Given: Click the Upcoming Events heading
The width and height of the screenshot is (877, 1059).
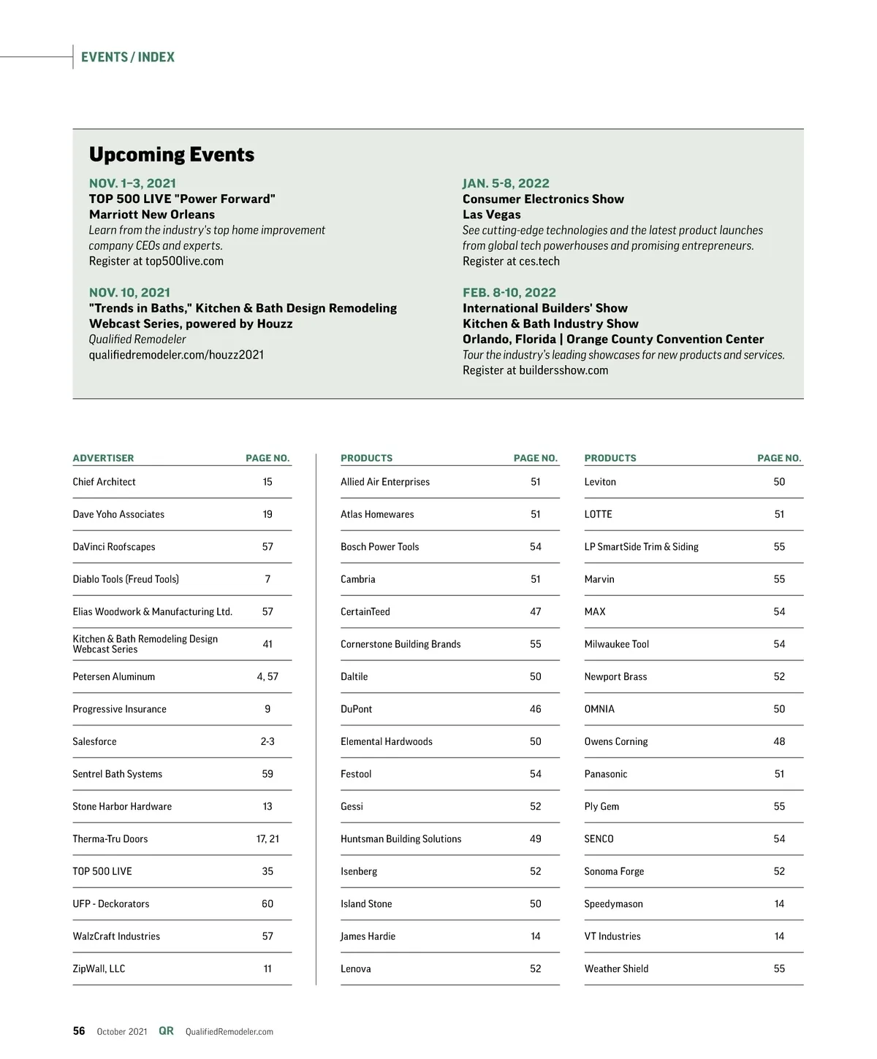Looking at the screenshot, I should coord(172,155).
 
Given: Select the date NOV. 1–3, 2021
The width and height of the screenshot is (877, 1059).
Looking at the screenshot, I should coord(132,183).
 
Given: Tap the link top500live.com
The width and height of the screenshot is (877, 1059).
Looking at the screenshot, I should coord(184,261).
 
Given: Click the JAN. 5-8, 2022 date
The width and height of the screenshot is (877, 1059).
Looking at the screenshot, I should coord(506,183).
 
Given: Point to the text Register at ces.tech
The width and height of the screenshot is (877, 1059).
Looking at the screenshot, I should coord(511,261).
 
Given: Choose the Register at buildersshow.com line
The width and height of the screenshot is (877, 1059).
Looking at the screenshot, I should coord(535,370).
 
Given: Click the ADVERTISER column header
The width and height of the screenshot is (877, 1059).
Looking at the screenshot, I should coord(103,458).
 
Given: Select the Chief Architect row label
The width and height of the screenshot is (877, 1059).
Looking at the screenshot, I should coord(104,482).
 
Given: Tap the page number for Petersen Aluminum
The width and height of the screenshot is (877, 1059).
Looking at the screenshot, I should coord(267,677).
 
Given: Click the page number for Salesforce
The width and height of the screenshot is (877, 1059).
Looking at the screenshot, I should coord(267,742).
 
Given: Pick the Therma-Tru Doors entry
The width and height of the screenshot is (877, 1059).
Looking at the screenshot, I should coord(110,839).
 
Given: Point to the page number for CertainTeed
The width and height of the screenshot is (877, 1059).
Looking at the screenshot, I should coord(536,612).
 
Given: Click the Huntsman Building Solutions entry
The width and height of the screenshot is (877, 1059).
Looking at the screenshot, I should coord(400,839).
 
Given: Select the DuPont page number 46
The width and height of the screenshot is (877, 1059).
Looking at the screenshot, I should coord(536,709).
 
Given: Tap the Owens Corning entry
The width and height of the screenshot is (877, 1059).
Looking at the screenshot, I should coord(615,742).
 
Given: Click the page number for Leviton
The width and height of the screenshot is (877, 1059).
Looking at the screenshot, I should coord(779,482).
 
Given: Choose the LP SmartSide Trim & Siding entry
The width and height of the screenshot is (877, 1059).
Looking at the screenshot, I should coord(641,547).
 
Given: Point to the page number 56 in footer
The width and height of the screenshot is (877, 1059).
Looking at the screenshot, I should coord(79,1031).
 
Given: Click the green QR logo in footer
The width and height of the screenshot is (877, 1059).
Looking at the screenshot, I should coord(166,1031).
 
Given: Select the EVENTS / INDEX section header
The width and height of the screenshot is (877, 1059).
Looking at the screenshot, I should coord(128,57).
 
